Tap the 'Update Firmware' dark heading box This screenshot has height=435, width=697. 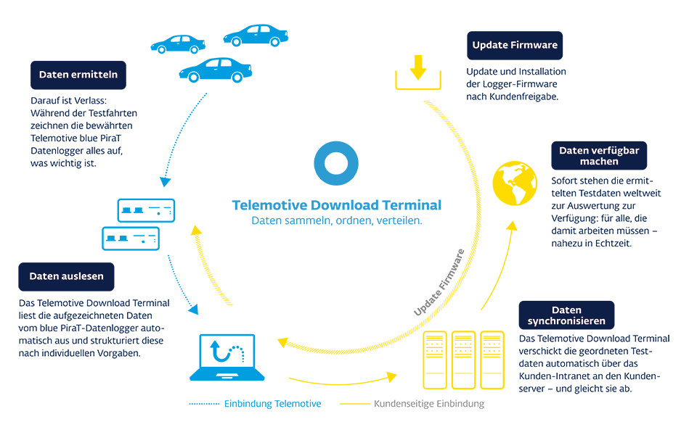pyautogui.click(x=515, y=45)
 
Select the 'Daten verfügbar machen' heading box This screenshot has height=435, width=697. pyautogui.click(x=599, y=156)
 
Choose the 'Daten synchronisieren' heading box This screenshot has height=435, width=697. pyautogui.click(x=566, y=315)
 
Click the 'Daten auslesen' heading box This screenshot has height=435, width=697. pyautogui.click(x=66, y=276)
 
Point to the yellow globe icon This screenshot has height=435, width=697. pyautogui.click(x=515, y=183)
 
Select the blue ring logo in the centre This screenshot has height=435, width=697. pyautogui.click(x=336, y=163)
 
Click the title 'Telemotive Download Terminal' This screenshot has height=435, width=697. pyautogui.click(x=336, y=205)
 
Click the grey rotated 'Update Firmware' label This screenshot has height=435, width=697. pyautogui.click(x=439, y=283)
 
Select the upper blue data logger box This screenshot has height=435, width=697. pyautogui.click(x=146, y=211)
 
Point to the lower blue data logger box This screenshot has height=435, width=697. pyautogui.click(x=130, y=236)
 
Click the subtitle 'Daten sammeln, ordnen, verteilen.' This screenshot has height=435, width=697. pyautogui.click(x=336, y=220)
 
